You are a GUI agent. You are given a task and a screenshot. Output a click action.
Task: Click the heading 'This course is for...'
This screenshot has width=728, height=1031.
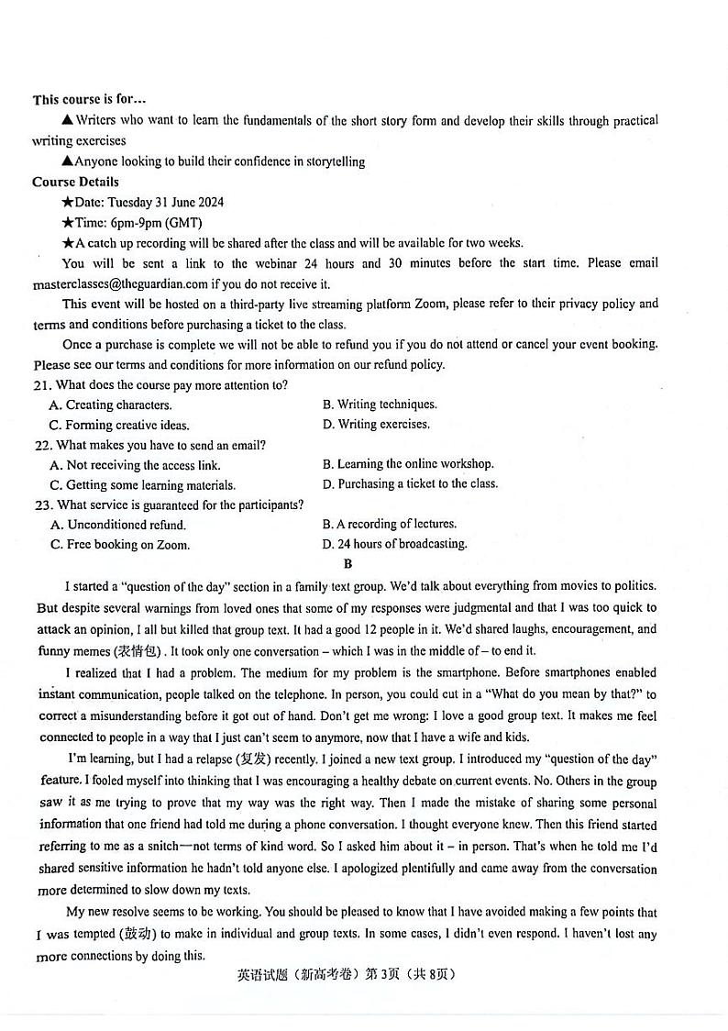click(89, 100)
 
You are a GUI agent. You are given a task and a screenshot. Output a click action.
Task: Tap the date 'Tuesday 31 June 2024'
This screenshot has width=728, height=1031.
click(165, 202)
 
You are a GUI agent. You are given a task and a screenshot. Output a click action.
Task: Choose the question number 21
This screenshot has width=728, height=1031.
click(41, 385)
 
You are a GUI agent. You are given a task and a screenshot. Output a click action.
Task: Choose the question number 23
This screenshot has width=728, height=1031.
click(41, 505)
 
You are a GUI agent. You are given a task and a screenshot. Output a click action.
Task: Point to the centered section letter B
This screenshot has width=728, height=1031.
click(347, 564)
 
